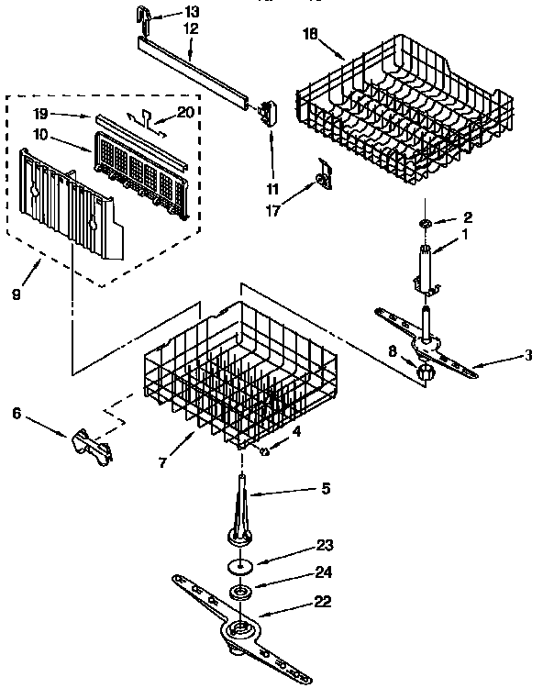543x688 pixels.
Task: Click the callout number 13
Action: pos(191,13)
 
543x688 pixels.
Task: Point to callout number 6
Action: pos(16,414)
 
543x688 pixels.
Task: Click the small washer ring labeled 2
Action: pos(427,224)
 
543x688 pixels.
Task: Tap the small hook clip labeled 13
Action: pos(145,16)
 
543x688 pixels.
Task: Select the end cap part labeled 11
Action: pos(268,111)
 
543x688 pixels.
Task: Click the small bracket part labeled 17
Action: pos(322,176)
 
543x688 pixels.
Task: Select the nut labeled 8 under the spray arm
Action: pos(424,372)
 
